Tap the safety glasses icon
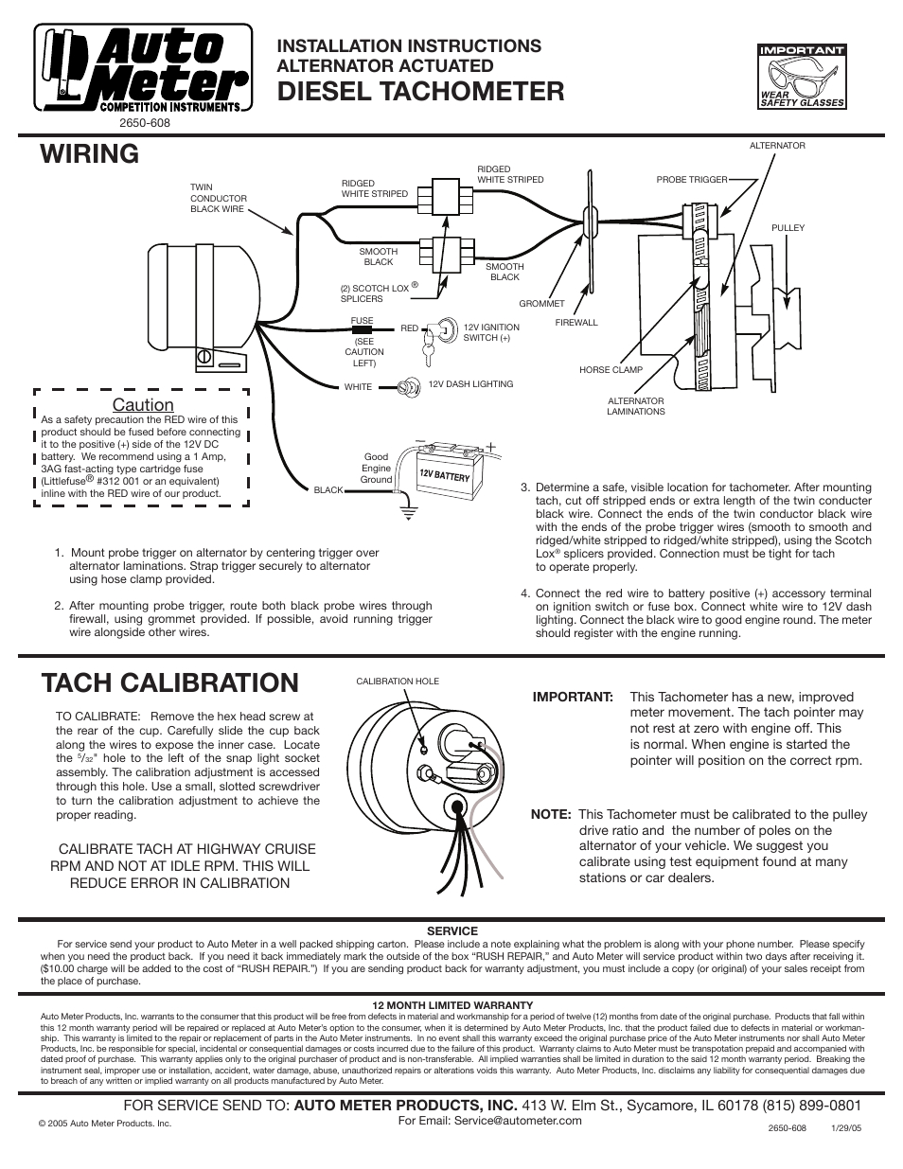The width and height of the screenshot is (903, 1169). tap(801, 76)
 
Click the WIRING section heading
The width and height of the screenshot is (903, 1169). tap(91, 153)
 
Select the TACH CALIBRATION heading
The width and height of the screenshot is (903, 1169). tap(170, 682)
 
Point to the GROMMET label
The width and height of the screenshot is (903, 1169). tap(541, 304)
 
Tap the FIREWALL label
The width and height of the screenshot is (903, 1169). tap(576, 323)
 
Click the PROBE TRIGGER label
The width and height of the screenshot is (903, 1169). tap(718, 179)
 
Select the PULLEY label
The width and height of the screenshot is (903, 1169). tap(788, 228)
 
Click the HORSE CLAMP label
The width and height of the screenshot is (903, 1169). tap(611, 370)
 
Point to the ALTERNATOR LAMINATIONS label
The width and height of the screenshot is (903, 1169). tap(635, 406)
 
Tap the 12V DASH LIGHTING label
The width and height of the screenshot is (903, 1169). tap(470, 384)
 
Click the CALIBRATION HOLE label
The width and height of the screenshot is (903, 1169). tap(398, 682)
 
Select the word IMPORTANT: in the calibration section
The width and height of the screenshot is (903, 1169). tap(573, 697)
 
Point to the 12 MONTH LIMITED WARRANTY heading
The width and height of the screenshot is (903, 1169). tap(452, 1005)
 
